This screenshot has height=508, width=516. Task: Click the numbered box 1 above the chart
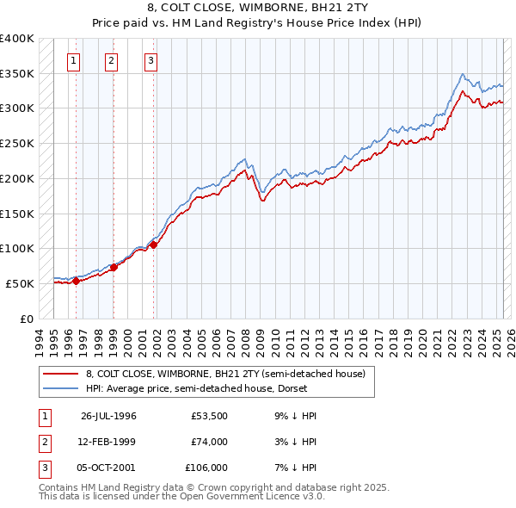75,60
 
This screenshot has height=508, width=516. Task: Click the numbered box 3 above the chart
150,60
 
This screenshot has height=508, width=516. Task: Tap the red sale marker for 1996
76,280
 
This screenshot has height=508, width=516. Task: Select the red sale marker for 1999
114,267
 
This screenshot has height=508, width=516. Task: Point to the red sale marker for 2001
154,245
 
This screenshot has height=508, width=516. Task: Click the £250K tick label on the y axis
16,143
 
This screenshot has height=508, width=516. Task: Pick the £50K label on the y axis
20,283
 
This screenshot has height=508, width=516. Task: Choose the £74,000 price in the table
209,442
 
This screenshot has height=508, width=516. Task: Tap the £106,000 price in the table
206,468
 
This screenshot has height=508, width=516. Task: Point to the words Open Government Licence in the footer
256,497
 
